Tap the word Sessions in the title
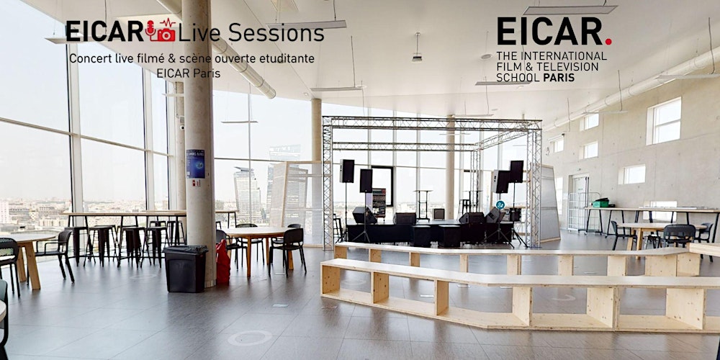(277, 32)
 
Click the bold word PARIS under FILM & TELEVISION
(559, 77)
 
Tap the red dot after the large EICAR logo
(608, 42)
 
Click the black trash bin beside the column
(185, 268)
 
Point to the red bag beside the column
(223, 263)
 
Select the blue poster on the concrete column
(195, 164)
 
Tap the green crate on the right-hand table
(600, 202)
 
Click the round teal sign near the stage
(500, 204)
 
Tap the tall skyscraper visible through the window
(247, 194)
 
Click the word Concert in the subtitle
(89, 58)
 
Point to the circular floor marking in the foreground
(250, 337)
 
